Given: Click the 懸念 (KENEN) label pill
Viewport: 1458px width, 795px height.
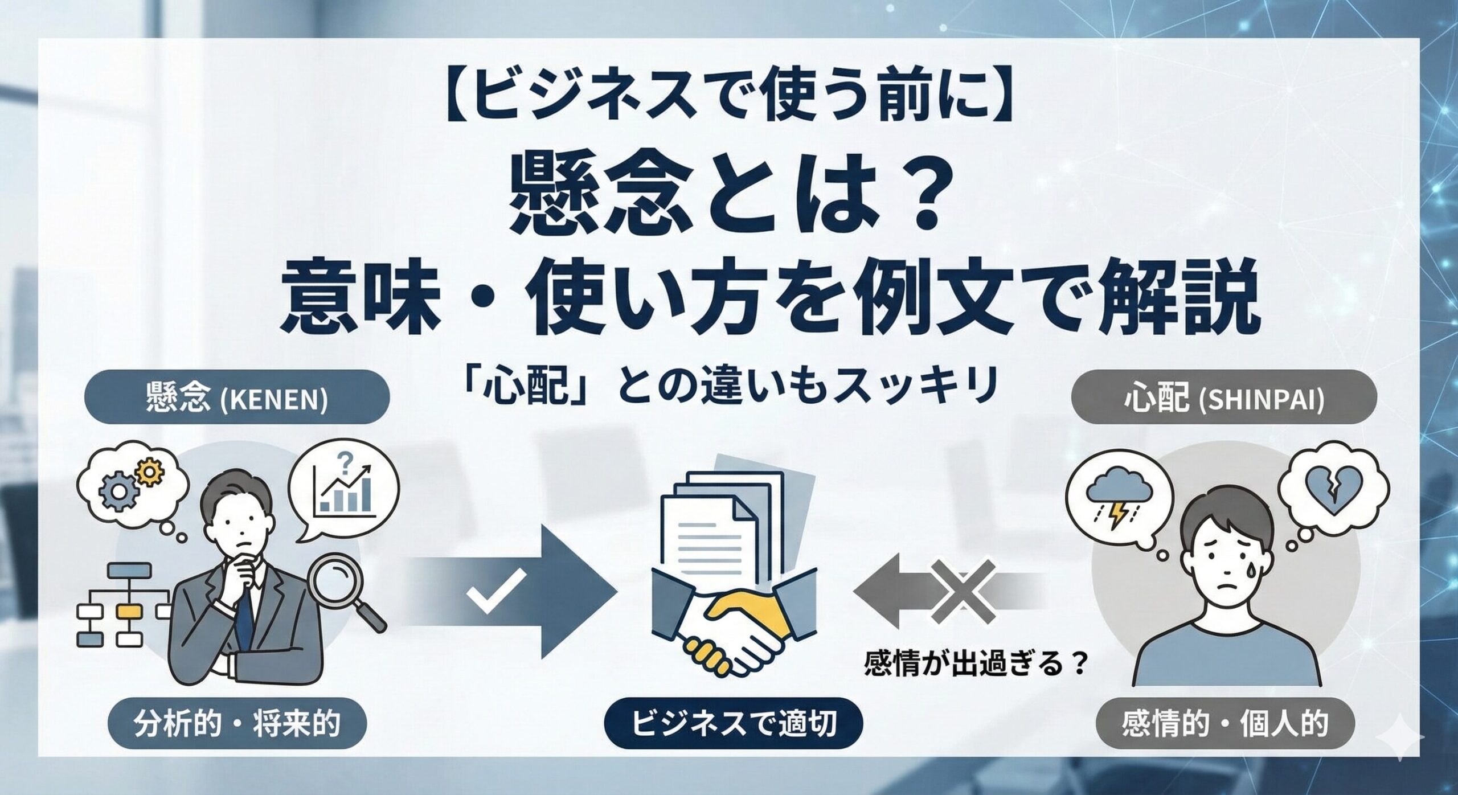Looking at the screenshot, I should (x=236, y=397).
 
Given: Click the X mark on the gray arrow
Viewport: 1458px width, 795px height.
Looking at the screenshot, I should (x=966, y=593).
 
